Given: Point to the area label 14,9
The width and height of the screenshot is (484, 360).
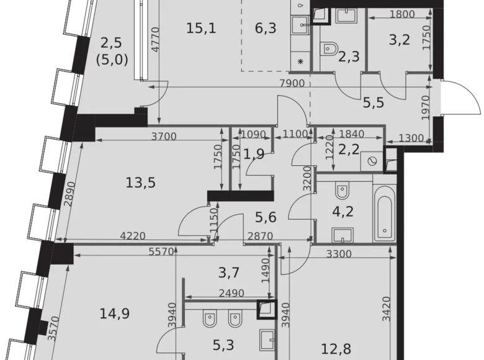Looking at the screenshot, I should (114, 313).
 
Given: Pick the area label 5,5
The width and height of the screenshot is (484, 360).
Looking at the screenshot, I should (373, 102).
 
